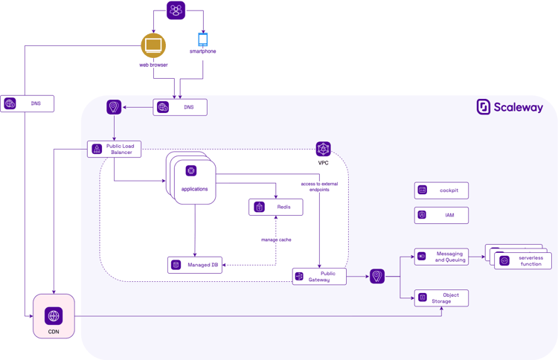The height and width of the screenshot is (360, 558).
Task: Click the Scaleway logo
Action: pyautogui.click(x=510, y=107)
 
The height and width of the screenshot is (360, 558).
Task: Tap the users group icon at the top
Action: pyautogui.click(x=176, y=10)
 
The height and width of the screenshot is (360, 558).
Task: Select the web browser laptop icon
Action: pyautogui.click(x=153, y=45)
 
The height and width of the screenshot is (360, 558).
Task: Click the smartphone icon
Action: pyautogui.click(x=202, y=39)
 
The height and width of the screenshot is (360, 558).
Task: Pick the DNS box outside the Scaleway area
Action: pyautogui.click(x=28, y=103)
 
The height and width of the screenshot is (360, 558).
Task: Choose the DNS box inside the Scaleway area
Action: pyautogui.click(x=180, y=107)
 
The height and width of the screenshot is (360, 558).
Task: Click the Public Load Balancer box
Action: pyautogui.click(x=114, y=149)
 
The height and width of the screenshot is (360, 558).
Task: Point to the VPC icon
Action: pyautogui.click(x=323, y=149)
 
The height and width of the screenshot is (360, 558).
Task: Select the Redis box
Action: pyautogui.click(x=275, y=207)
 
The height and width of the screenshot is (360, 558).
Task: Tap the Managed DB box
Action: pyautogui.click(x=195, y=265)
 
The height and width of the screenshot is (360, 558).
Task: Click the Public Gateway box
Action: pyautogui.click(x=319, y=276)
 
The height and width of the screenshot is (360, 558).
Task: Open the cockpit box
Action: pyautogui.click(x=441, y=190)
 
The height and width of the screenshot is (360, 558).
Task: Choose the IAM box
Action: pyautogui.click(x=441, y=215)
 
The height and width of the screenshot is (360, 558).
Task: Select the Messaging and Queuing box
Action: pyautogui.click(x=441, y=257)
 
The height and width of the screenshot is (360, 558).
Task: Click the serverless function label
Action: pyautogui.click(x=530, y=261)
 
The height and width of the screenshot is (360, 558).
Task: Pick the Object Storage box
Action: pyautogui.click(x=441, y=298)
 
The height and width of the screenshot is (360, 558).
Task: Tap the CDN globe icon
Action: pyautogui.click(x=54, y=315)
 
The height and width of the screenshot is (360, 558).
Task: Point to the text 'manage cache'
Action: pyautogui.click(x=276, y=240)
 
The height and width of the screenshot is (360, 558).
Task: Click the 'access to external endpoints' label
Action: pyautogui.click(x=319, y=187)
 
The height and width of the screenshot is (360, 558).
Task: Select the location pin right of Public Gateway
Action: pyautogui.click(x=377, y=277)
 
